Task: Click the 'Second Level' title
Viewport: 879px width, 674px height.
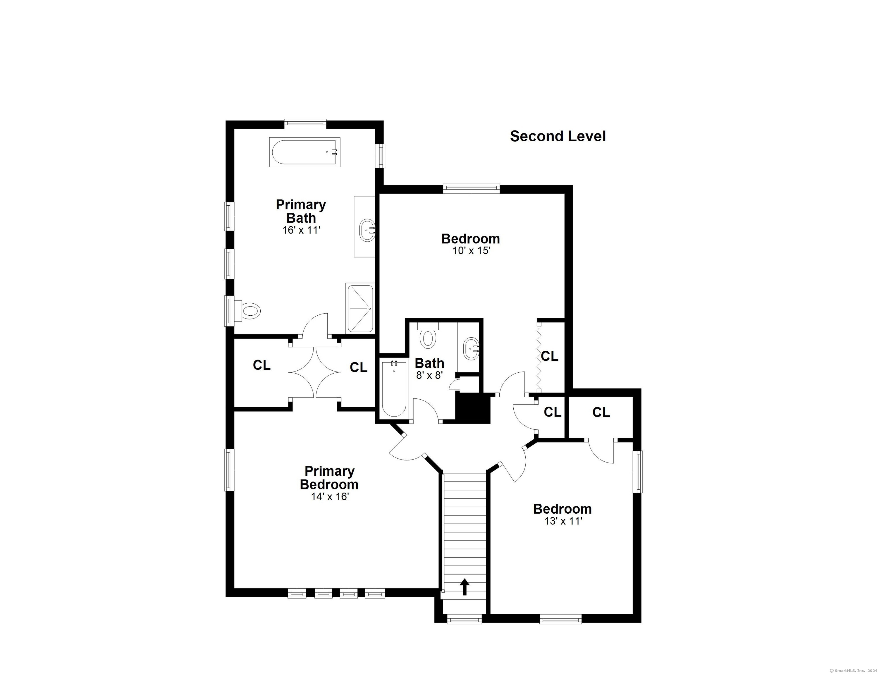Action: coord(558,136)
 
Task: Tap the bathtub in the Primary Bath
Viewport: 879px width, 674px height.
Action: coord(305,152)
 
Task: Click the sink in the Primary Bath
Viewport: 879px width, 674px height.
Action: coord(367,230)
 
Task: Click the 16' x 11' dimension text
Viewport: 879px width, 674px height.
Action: coord(301,230)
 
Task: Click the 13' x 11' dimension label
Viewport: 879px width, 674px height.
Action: coord(563,521)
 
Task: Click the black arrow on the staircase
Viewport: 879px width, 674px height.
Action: coord(464,587)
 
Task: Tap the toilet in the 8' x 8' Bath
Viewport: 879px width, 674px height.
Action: coord(428,335)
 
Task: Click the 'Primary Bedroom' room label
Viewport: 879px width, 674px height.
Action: coord(329,477)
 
